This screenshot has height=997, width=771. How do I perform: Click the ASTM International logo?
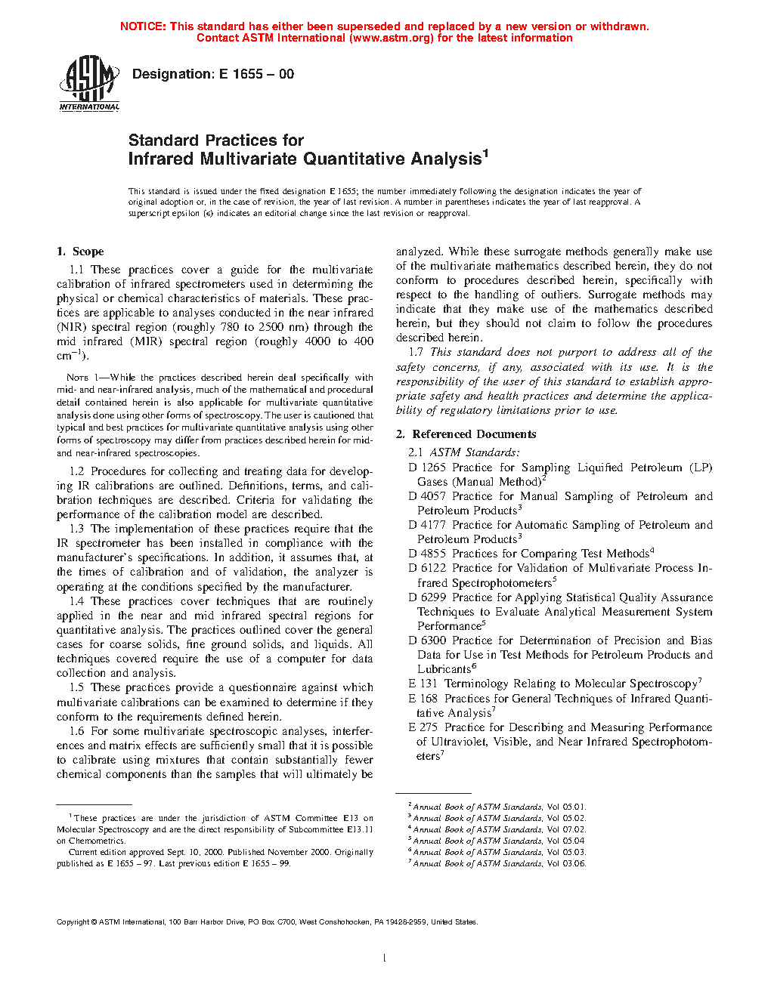coord(89,83)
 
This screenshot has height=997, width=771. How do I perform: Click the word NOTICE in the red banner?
coord(143,26)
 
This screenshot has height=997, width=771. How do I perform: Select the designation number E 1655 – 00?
coord(256,74)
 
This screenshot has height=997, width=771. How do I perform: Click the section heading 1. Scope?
coord(80,252)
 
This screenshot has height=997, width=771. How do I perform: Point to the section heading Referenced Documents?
coord(474,434)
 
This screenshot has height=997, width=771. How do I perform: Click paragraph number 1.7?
coord(416,352)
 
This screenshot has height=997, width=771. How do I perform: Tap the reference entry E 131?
coord(423,684)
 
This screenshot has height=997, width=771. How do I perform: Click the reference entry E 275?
coord(423,727)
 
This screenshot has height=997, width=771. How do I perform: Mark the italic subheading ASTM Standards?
coord(474,452)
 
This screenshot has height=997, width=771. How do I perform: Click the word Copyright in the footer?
coord(73,921)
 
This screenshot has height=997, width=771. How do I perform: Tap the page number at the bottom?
coord(385,958)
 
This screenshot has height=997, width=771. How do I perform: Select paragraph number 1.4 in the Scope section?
coord(76,601)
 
